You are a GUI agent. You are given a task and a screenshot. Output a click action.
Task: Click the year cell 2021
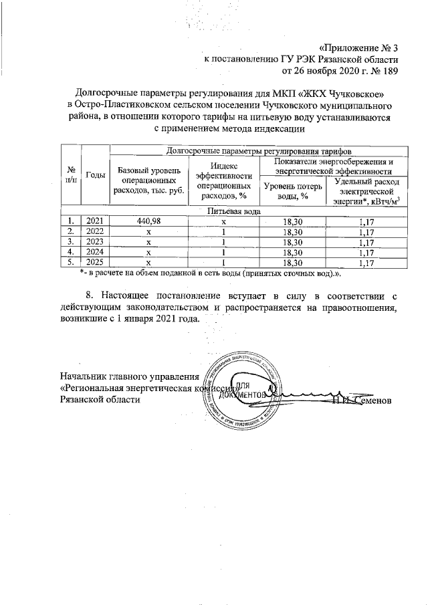click(94, 221)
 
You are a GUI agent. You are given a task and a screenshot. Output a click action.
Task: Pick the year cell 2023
click(94, 242)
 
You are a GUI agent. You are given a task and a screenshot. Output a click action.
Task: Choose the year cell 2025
click(94, 263)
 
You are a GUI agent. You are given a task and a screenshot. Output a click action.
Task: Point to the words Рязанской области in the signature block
click(100, 400)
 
